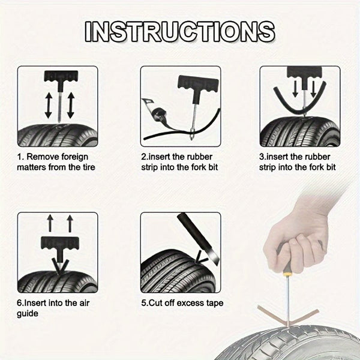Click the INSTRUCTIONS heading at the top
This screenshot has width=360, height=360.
(179, 31)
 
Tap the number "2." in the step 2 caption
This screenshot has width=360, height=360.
(145, 157)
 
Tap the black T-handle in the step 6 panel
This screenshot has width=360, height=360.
(57, 245)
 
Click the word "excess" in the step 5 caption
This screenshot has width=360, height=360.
(189, 303)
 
